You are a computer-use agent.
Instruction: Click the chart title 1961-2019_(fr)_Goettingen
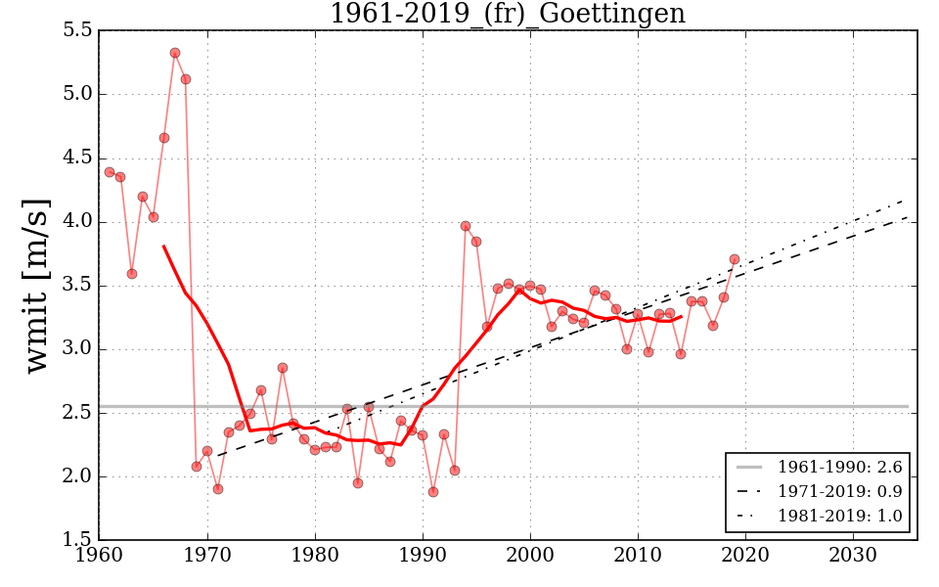click(507, 15)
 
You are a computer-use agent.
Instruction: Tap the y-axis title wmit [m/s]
click(37, 286)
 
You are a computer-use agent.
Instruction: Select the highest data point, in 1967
click(174, 53)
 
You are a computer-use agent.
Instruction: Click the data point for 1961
click(110, 172)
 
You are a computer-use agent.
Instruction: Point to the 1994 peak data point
click(466, 226)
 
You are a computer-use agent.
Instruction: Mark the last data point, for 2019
click(735, 259)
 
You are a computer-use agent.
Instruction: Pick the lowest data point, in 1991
click(433, 492)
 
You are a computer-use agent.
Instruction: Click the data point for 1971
click(217, 489)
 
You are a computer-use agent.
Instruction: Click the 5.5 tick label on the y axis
click(76, 30)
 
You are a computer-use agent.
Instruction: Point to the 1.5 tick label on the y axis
click(76, 541)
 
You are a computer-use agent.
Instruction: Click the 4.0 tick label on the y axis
click(76, 222)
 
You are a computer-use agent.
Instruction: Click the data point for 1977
click(283, 368)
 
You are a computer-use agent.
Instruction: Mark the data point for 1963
click(132, 274)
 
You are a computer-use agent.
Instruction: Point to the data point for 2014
click(681, 354)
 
